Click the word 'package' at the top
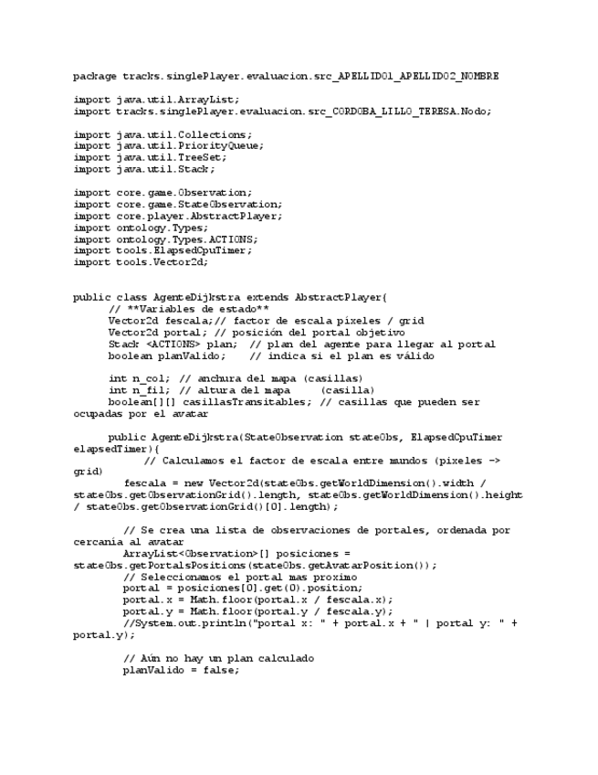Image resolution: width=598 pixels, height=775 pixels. point(95,75)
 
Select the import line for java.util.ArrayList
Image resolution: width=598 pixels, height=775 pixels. point(156,99)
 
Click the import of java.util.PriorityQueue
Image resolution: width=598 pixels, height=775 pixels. point(162,146)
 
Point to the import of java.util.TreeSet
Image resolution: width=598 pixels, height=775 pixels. point(150,157)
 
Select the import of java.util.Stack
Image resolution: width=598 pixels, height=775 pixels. point(144,169)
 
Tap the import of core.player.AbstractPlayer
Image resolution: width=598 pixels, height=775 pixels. point(177,217)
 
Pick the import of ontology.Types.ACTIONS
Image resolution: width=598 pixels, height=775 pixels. point(165,240)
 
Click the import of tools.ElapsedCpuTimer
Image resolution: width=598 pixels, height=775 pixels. point(163,251)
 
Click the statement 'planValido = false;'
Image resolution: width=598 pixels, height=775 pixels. point(181,671)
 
